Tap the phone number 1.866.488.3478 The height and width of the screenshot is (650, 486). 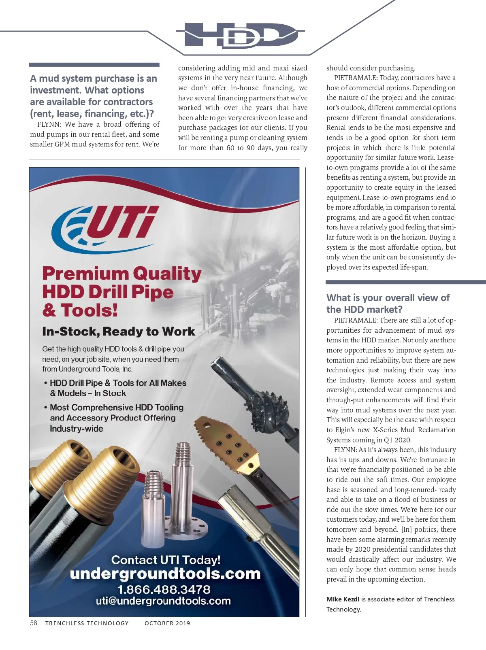coord(164,589)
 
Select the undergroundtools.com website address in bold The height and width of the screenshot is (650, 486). coord(165,574)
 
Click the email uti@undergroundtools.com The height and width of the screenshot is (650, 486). coord(163,601)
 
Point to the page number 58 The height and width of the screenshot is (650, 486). coord(34,623)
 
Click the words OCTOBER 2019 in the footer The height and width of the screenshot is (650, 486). coord(167,623)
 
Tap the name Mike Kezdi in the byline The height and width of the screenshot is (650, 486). coord(343,599)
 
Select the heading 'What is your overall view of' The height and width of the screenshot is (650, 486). coord(388,298)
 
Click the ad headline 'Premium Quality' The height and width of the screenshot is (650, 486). coord(122,274)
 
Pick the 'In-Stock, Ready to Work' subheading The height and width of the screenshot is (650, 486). coord(118,331)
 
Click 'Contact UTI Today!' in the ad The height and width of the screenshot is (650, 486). coord(166,560)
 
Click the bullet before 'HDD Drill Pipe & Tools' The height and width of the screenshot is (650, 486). coord(46,383)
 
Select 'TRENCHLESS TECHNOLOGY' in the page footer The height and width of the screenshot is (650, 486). coord(87,623)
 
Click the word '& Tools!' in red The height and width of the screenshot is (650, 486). coord(80,310)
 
